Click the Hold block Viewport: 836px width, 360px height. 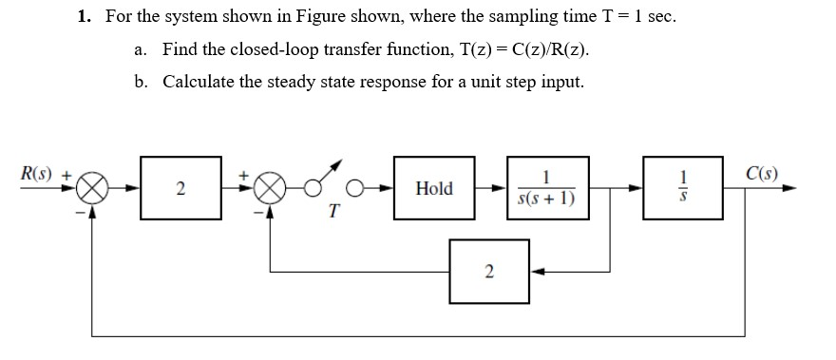click(434, 188)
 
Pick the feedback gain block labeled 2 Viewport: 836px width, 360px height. click(488, 272)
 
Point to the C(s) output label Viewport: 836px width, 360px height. click(762, 174)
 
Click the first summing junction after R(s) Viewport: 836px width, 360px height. click(92, 188)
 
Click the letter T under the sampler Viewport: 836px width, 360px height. click(333, 214)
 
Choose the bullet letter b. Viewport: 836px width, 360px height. click(141, 82)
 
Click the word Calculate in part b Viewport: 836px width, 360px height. click(199, 82)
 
